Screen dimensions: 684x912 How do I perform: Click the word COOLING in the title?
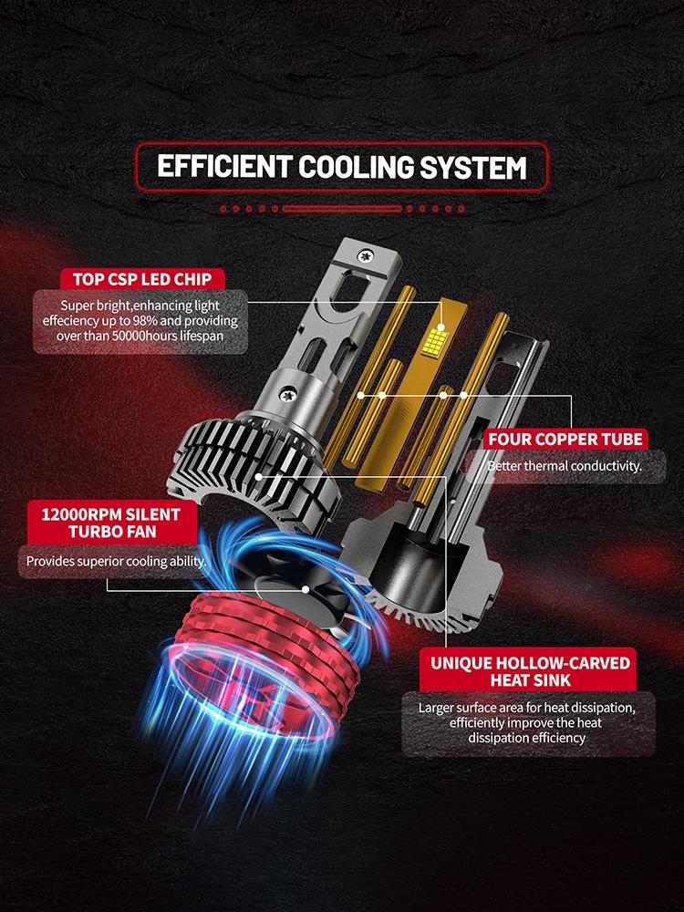[356, 167]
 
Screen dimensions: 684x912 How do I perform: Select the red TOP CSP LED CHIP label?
[142, 279]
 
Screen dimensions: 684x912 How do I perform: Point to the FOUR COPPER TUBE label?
[565, 440]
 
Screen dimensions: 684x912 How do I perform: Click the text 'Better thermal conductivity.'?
[565, 466]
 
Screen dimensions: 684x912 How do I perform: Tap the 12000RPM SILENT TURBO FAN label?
[111, 523]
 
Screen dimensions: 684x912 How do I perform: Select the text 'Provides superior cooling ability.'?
[116, 561]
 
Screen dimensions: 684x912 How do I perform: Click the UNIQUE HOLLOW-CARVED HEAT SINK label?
[530, 671]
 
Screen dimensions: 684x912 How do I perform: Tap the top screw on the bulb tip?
[366, 254]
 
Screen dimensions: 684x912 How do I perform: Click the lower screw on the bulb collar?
[286, 395]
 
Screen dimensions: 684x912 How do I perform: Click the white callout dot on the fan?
[306, 589]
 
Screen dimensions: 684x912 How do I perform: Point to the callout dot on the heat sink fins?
[258, 476]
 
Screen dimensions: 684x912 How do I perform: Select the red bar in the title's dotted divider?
[342, 208]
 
